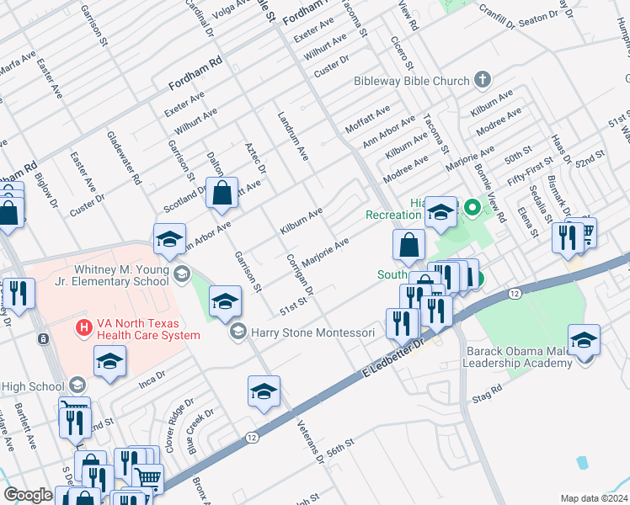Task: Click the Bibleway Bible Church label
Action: coord(410,81)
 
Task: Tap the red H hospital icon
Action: coord(83,326)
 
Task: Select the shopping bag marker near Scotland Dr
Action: coord(222,193)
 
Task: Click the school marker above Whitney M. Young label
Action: coord(169,240)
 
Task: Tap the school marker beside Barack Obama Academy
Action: coord(584,341)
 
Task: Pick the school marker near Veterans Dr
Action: coord(264,392)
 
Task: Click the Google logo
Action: coord(28,495)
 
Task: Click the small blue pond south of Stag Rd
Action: coord(583,462)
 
